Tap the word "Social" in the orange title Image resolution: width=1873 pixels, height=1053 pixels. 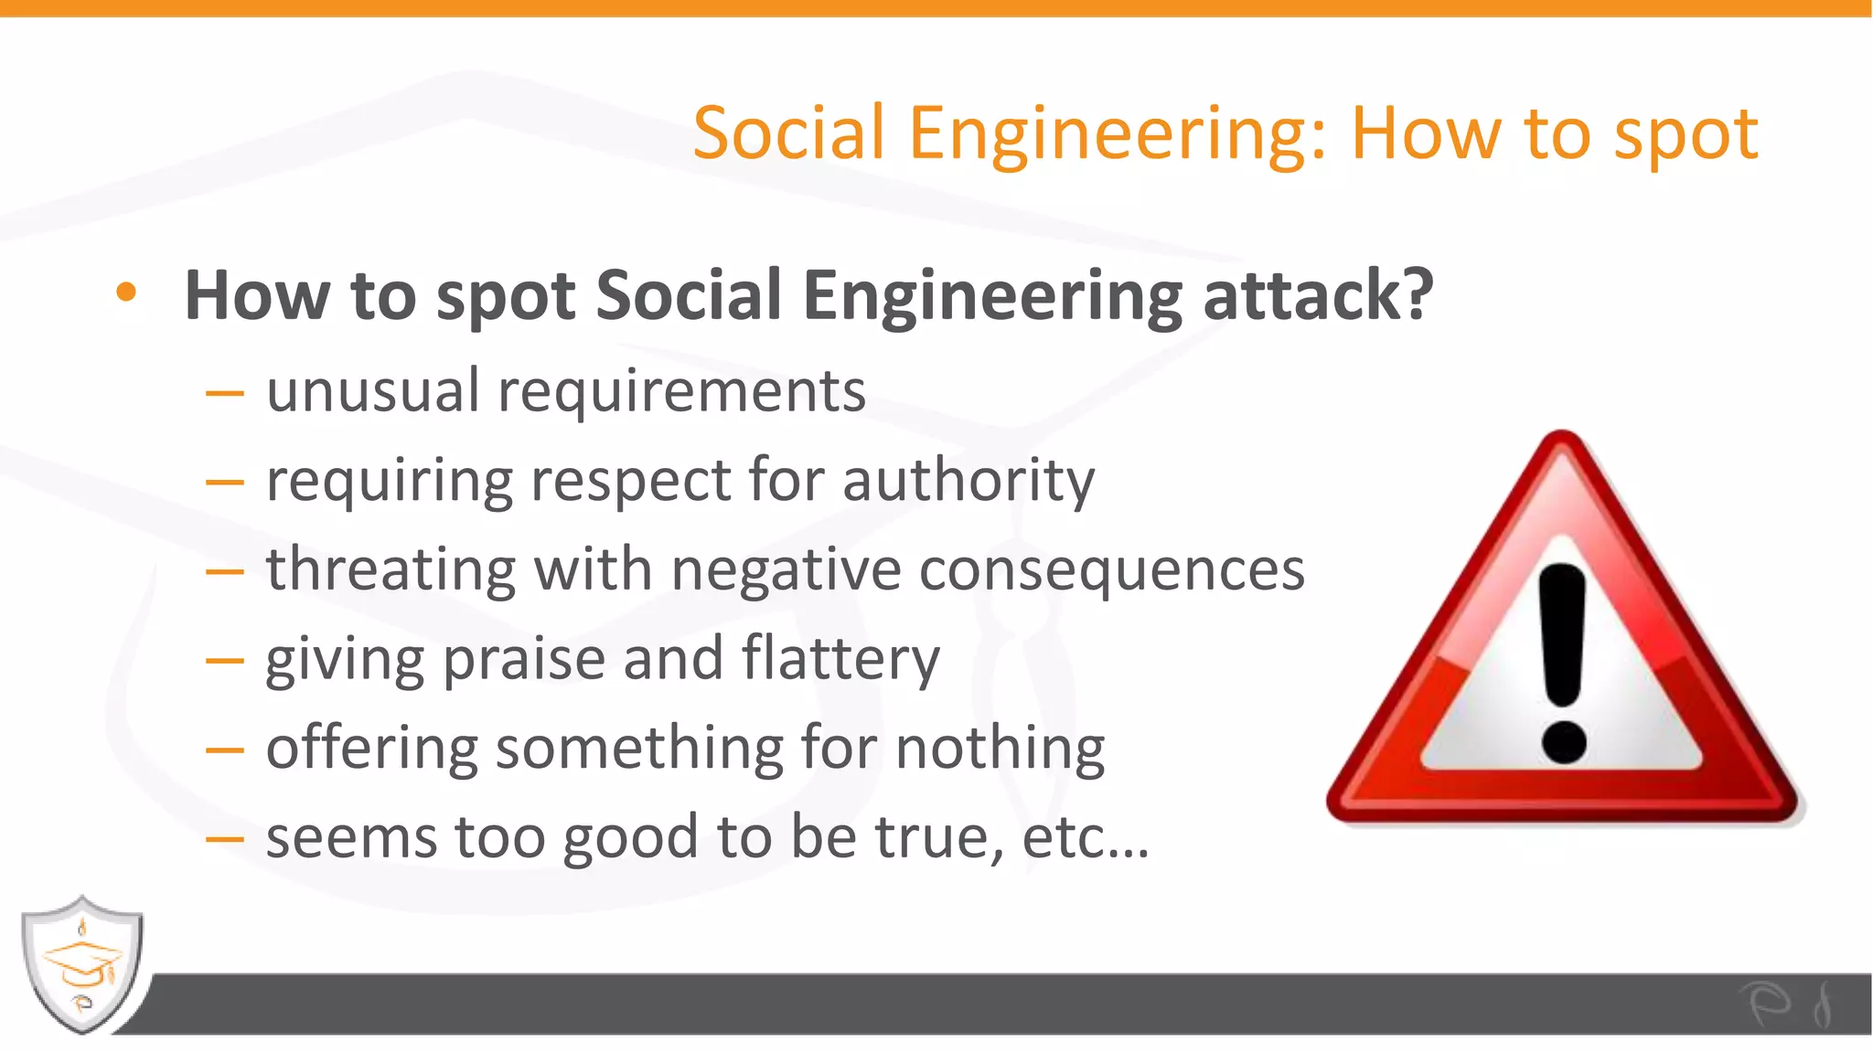click(x=788, y=133)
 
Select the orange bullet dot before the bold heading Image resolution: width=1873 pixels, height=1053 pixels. click(x=126, y=292)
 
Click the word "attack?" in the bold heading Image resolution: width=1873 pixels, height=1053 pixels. click(x=1318, y=295)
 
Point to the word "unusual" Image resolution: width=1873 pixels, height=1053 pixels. click(x=373, y=391)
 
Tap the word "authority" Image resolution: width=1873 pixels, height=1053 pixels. click(x=969, y=481)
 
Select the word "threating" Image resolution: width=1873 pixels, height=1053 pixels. click(x=391, y=570)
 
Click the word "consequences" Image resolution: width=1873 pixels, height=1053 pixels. click(x=1111, y=570)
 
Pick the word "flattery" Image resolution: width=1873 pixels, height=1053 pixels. click(x=840, y=659)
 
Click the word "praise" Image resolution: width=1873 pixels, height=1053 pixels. click(x=524, y=659)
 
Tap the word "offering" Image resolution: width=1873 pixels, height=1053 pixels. click(x=371, y=749)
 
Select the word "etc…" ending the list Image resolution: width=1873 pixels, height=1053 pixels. click(x=1086, y=836)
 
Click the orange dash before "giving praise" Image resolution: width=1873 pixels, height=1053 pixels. click(x=225, y=660)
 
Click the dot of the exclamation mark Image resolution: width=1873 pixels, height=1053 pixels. click(x=1563, y=741)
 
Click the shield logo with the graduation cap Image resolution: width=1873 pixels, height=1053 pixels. click(x=82, y=963)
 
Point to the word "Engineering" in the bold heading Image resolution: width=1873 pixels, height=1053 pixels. click(x=992, y=297)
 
